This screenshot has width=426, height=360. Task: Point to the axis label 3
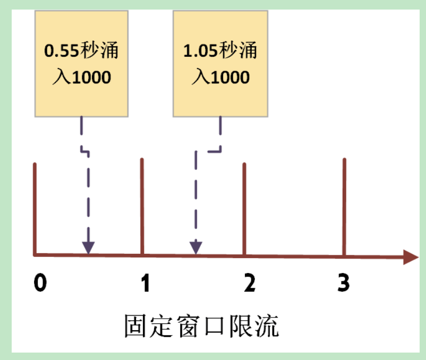(344, 283)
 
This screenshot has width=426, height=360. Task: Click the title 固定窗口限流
(201, 325)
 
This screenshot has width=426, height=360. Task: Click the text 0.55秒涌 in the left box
(81, 52)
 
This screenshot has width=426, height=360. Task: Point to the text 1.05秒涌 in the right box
(220, 52)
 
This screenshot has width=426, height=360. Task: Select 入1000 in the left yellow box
(81, 78)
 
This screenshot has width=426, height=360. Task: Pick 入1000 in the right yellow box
(220, 78)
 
